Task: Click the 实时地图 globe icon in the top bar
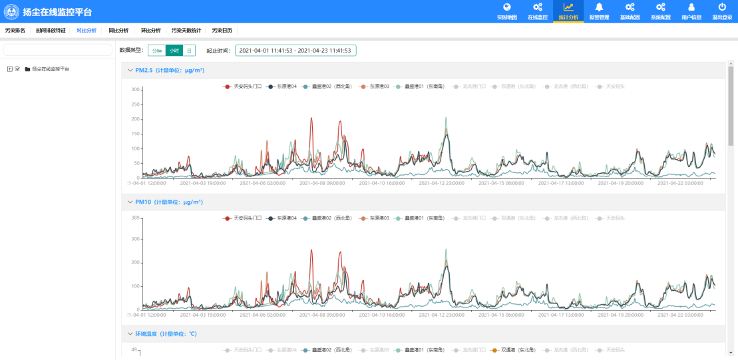pos(507,8)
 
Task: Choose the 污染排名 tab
pos(15,31)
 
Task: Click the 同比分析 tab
pos(118,31)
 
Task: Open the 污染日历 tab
pos(222,31)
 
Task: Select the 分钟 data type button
pos(156,51)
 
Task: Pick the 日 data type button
pos(189,51)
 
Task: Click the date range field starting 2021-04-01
pos(295,51)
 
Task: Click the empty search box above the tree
pos(58,50)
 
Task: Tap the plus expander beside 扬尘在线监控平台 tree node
pos(9,69)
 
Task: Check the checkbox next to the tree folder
pos(17,69)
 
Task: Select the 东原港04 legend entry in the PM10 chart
pos(282,218)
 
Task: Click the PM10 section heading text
pos(169,202)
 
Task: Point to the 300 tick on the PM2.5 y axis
pos(135,89)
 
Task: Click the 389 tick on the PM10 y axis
pos(135,218)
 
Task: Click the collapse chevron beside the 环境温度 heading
pos(129,333)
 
